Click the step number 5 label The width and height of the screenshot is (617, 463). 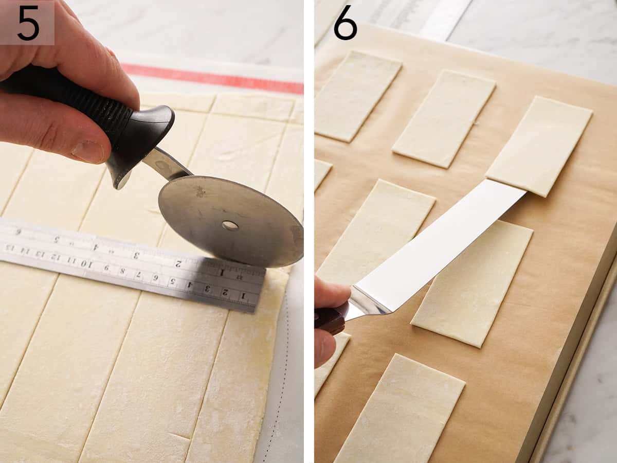[27, 23]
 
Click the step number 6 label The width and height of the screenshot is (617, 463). [345, 23]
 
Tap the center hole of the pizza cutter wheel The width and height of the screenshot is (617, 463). [230, 225]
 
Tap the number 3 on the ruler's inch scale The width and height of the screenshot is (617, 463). [136, 255]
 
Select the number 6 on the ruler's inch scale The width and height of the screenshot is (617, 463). [19, 232]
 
